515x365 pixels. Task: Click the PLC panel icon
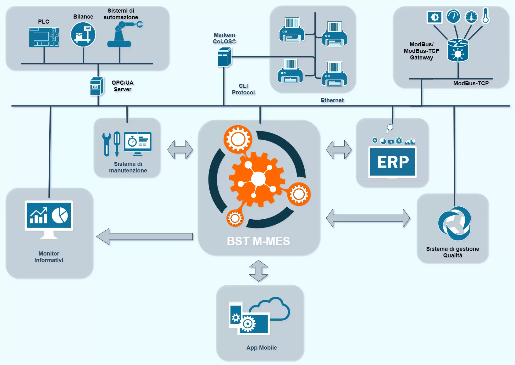pos(44,37)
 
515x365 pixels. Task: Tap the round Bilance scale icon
pos(83,35)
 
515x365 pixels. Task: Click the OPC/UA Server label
pos(123,86)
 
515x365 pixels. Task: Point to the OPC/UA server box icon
pos(97,86)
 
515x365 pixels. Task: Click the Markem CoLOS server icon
pos(224,57)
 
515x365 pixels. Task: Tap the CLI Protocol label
pos(243,89)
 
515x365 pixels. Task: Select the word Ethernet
pos(332,100)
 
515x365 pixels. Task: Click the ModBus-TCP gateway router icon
pos(458,50)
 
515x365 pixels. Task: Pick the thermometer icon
pos(486,16)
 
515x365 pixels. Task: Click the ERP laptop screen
pos(393,162)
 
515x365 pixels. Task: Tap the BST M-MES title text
pos(258,241)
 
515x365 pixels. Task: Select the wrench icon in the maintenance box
pos(107,144)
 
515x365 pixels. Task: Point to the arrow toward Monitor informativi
pos(145,237)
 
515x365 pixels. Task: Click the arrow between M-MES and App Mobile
pos(258,271)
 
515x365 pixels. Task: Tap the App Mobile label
pos(262,348)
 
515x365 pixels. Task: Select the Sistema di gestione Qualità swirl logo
pos(455,223)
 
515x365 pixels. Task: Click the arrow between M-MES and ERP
pos(339,150)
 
